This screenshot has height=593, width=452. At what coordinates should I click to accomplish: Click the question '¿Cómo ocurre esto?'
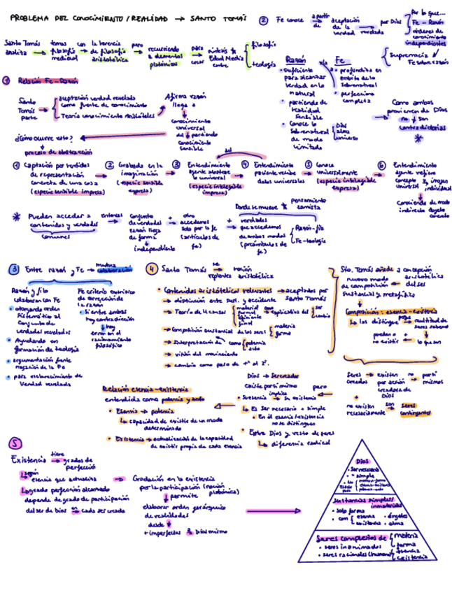pyautogui.click(x=40, y=137)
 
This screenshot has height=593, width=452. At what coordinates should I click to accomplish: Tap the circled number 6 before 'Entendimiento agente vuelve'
pyautogui.click(x=381, y=165)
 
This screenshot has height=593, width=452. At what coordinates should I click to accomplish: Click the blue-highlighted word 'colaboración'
pyautogui.click(x=114, y=270)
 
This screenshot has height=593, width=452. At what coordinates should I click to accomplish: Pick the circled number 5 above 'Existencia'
pyautogui.click(x=15, y=443)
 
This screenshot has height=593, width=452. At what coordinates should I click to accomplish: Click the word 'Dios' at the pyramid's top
pyautogui.click(x=362, y=462)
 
